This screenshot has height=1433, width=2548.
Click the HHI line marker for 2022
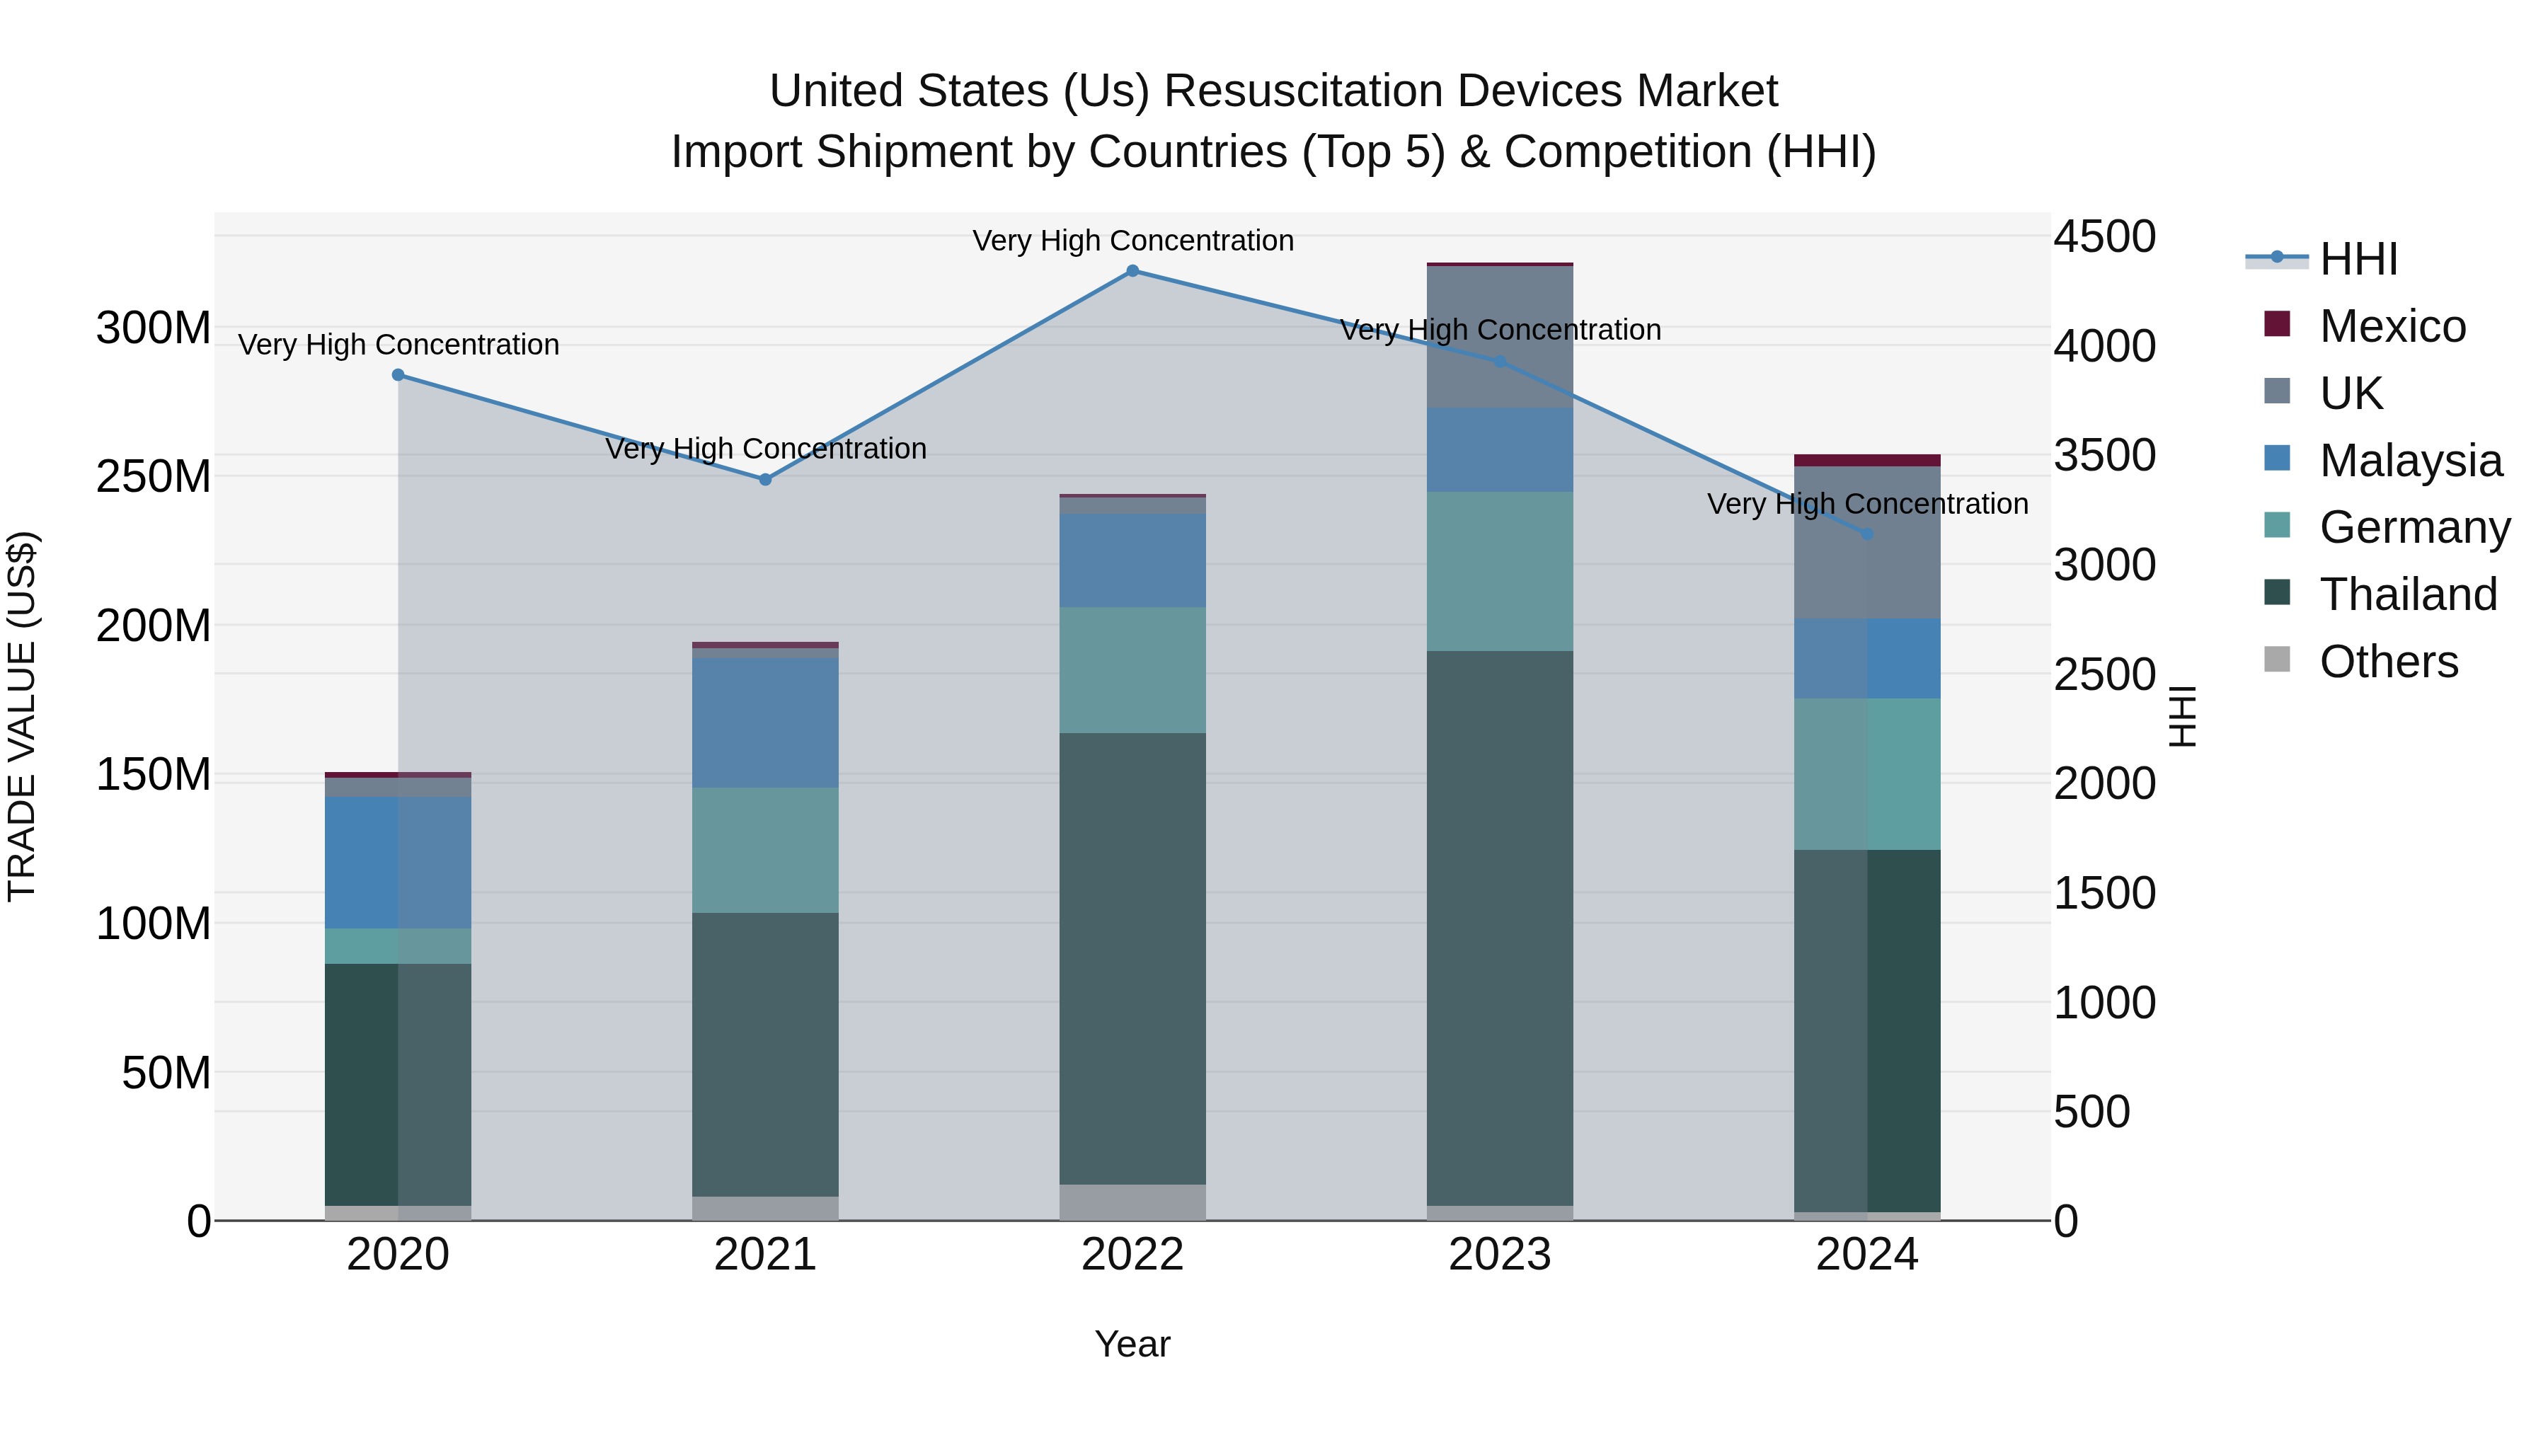[x=1132, y=271]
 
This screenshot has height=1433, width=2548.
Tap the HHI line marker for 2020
[x=398, y=375]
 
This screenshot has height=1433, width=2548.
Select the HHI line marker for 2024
[x=1866, y=534]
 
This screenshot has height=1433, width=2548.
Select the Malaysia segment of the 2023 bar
[x=1500, y=450]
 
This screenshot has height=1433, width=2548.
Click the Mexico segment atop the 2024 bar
[x=1866, y=460]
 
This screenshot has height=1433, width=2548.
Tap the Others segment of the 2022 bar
[x=1132, y=1202]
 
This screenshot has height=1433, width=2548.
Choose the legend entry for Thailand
[x=2408, y=594]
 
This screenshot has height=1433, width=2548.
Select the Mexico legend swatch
[x=2277, y=324]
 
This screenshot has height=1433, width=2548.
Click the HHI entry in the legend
[x=2358, y=259]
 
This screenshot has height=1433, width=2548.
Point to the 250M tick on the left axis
[x=154, y=477]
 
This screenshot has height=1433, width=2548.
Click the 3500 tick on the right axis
[x=2104, y=456]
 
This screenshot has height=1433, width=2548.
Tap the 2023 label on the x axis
[x=1500, y=1255]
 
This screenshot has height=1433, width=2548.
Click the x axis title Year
[x=1132, y=1344]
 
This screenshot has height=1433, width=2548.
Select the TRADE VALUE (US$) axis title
[x=22, y=716]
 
